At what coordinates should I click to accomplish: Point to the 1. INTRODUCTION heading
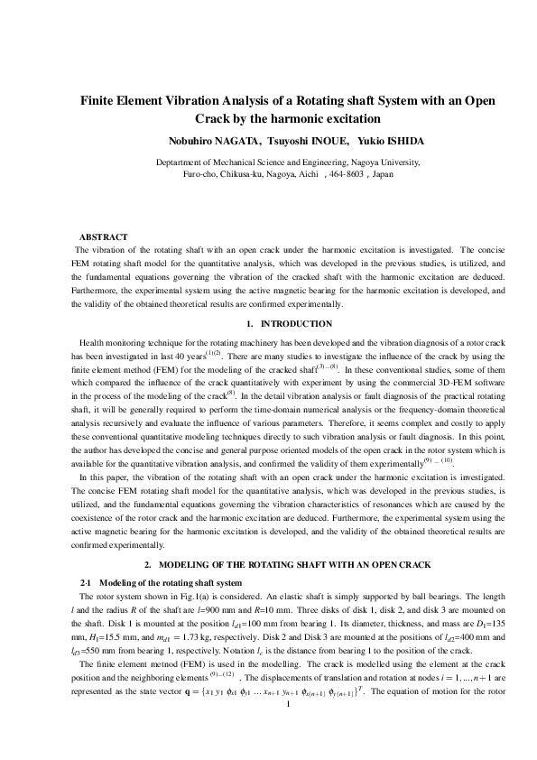pyautogui.click(x=268, y=324)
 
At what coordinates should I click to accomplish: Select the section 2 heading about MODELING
pyautogui.click(x=268, y=565)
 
